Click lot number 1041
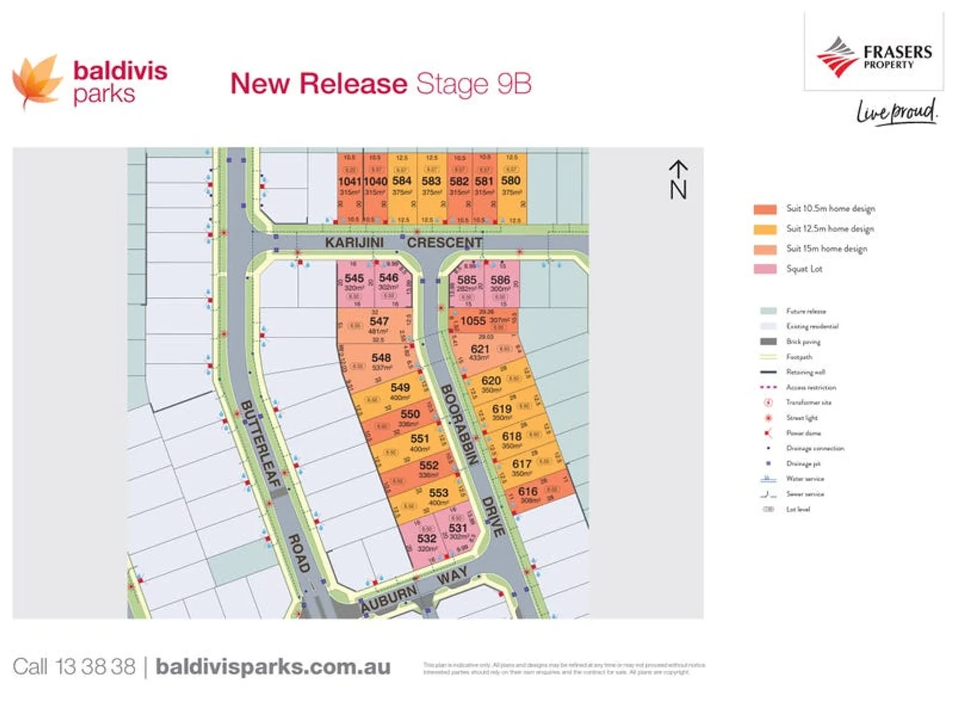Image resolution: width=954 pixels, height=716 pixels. click(x=349, y=181)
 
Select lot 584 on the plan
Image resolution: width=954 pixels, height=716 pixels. click(x=401, y=180)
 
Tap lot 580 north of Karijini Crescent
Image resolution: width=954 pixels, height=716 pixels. click(x=511, y=180)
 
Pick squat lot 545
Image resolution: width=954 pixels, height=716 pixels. click(x=354, y=278)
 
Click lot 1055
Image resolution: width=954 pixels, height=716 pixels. click(x=473, y=321)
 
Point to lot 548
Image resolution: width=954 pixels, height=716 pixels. click(x=381, y=358)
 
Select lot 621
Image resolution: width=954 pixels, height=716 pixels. click(x=480, y=349)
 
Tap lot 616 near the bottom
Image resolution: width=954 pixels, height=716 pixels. click(x=527, y=491)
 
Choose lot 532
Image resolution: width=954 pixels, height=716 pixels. click(x=427, y=539)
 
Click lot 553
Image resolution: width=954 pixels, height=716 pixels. click(x=438, y=493)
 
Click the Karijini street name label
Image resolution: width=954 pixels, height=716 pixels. click(x=354, y=243)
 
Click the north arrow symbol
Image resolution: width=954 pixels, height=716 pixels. click(x=678, y=179)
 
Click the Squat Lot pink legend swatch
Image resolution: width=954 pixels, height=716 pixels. click(x=765, y=268)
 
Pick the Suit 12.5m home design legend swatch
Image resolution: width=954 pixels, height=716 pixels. click(x=765, y=229)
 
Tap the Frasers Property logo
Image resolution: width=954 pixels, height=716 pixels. click(x=873, y=56)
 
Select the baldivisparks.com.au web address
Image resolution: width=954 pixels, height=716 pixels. click(x=272, y=667)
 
